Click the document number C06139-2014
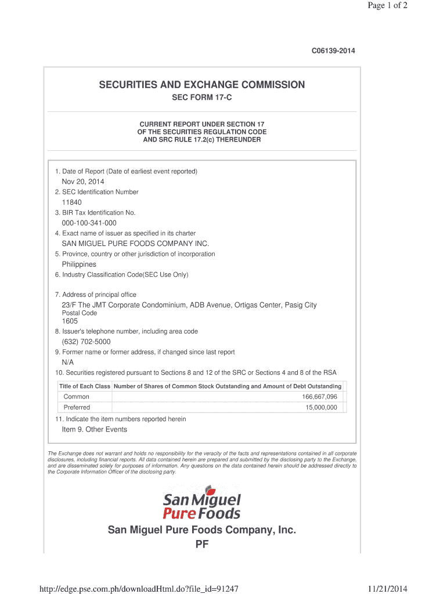[333, 51]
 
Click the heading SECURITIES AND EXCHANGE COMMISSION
[201, 85]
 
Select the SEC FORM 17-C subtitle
[201, 98]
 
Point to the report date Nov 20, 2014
[83, 182]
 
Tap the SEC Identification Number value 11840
[72, 202]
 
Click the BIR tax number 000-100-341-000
[89, 223]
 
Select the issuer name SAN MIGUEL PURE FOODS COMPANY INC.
[135, 244]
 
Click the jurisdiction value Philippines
[79, 265]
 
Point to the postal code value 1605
[70, 321]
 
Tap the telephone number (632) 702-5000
[86, 342]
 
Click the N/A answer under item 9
[68, 362]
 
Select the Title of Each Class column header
[85, 386]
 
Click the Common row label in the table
[77, 397]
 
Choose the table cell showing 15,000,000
[321, 408]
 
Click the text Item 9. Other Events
[94, 430]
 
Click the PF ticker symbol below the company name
[201, 545]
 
